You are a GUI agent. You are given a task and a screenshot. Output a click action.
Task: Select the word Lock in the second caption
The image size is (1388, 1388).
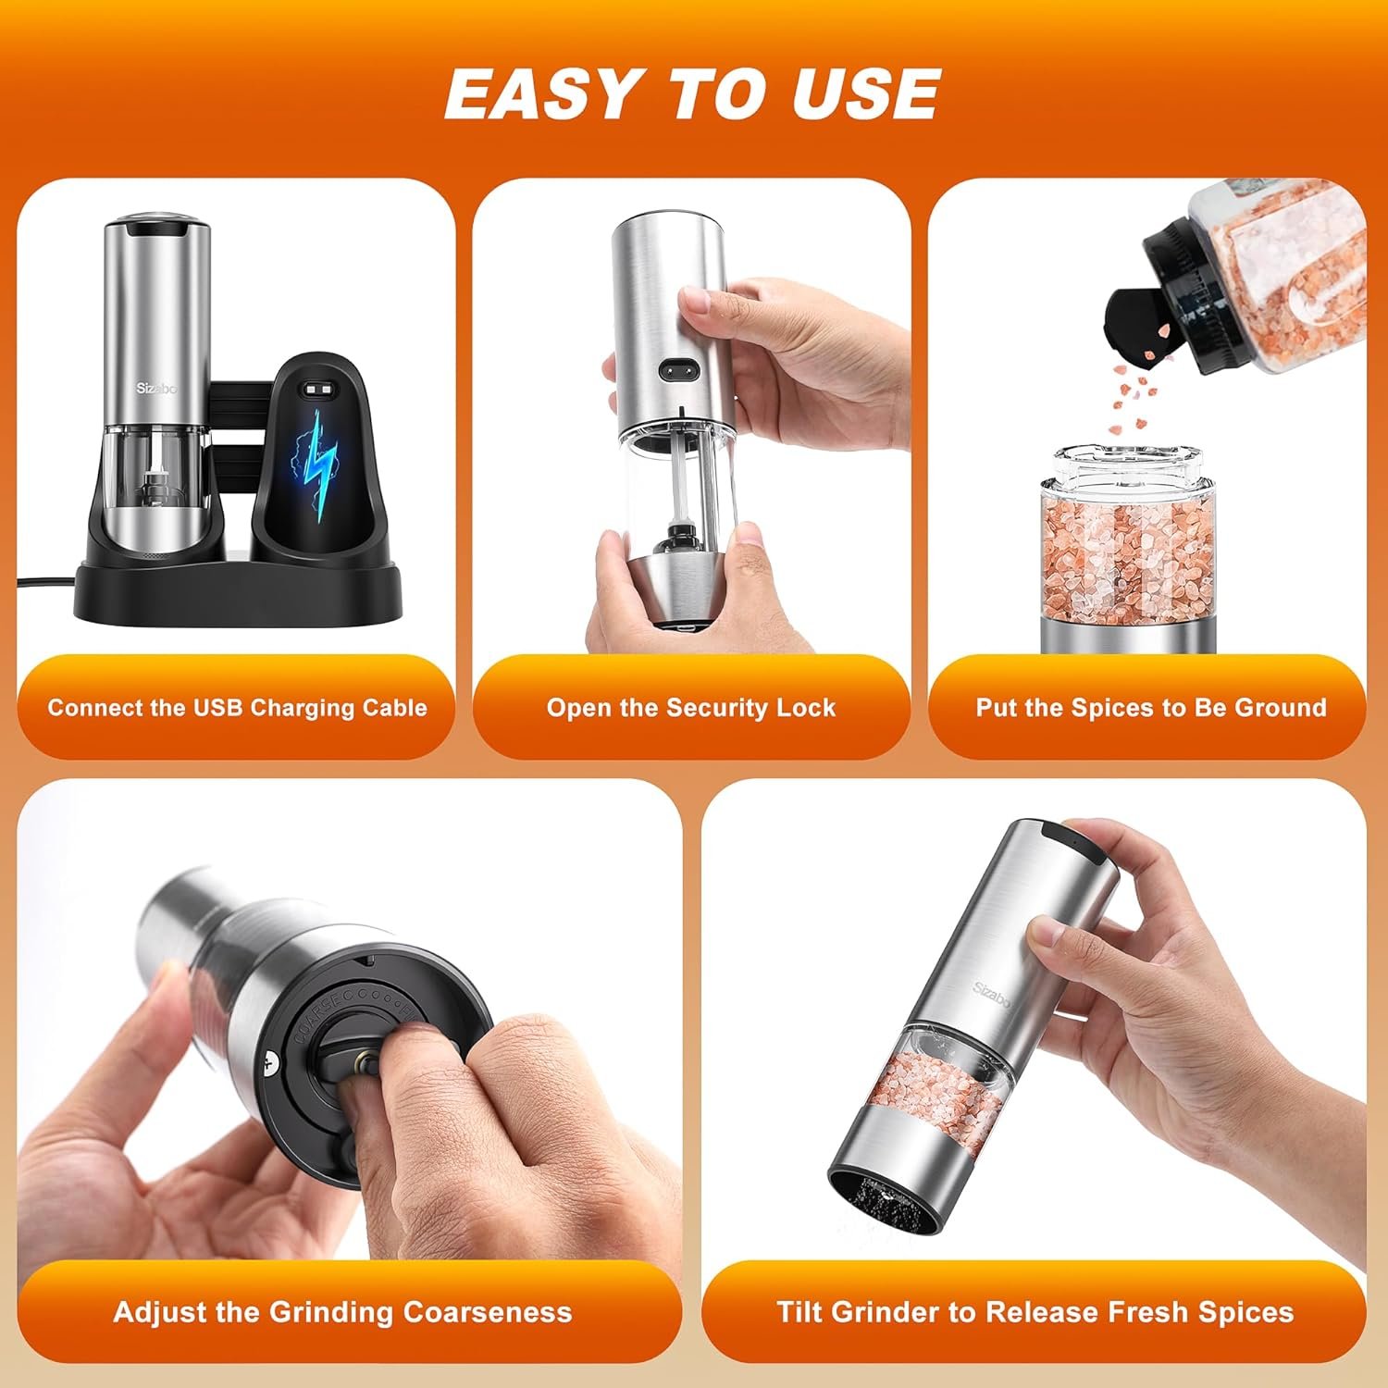805,708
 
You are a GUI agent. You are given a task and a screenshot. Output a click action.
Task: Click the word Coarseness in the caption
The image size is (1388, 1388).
488,1312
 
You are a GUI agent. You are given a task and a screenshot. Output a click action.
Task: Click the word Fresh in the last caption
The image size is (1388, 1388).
1146,1312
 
